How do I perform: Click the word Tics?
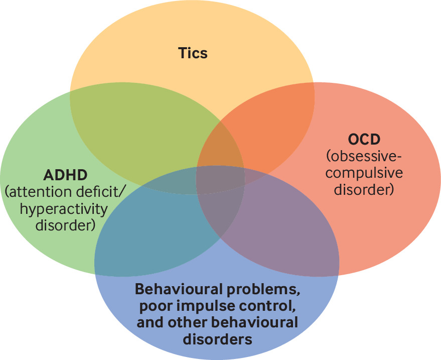click(x=193, y=52)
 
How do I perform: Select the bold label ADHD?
click(x=66, y=175)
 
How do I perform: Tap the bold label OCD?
click(x=363, y=139)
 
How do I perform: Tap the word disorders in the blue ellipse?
click(x=217, y=339)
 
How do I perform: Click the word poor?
click(x=153, y=306)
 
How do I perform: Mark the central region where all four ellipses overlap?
click(x=220, y=179)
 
